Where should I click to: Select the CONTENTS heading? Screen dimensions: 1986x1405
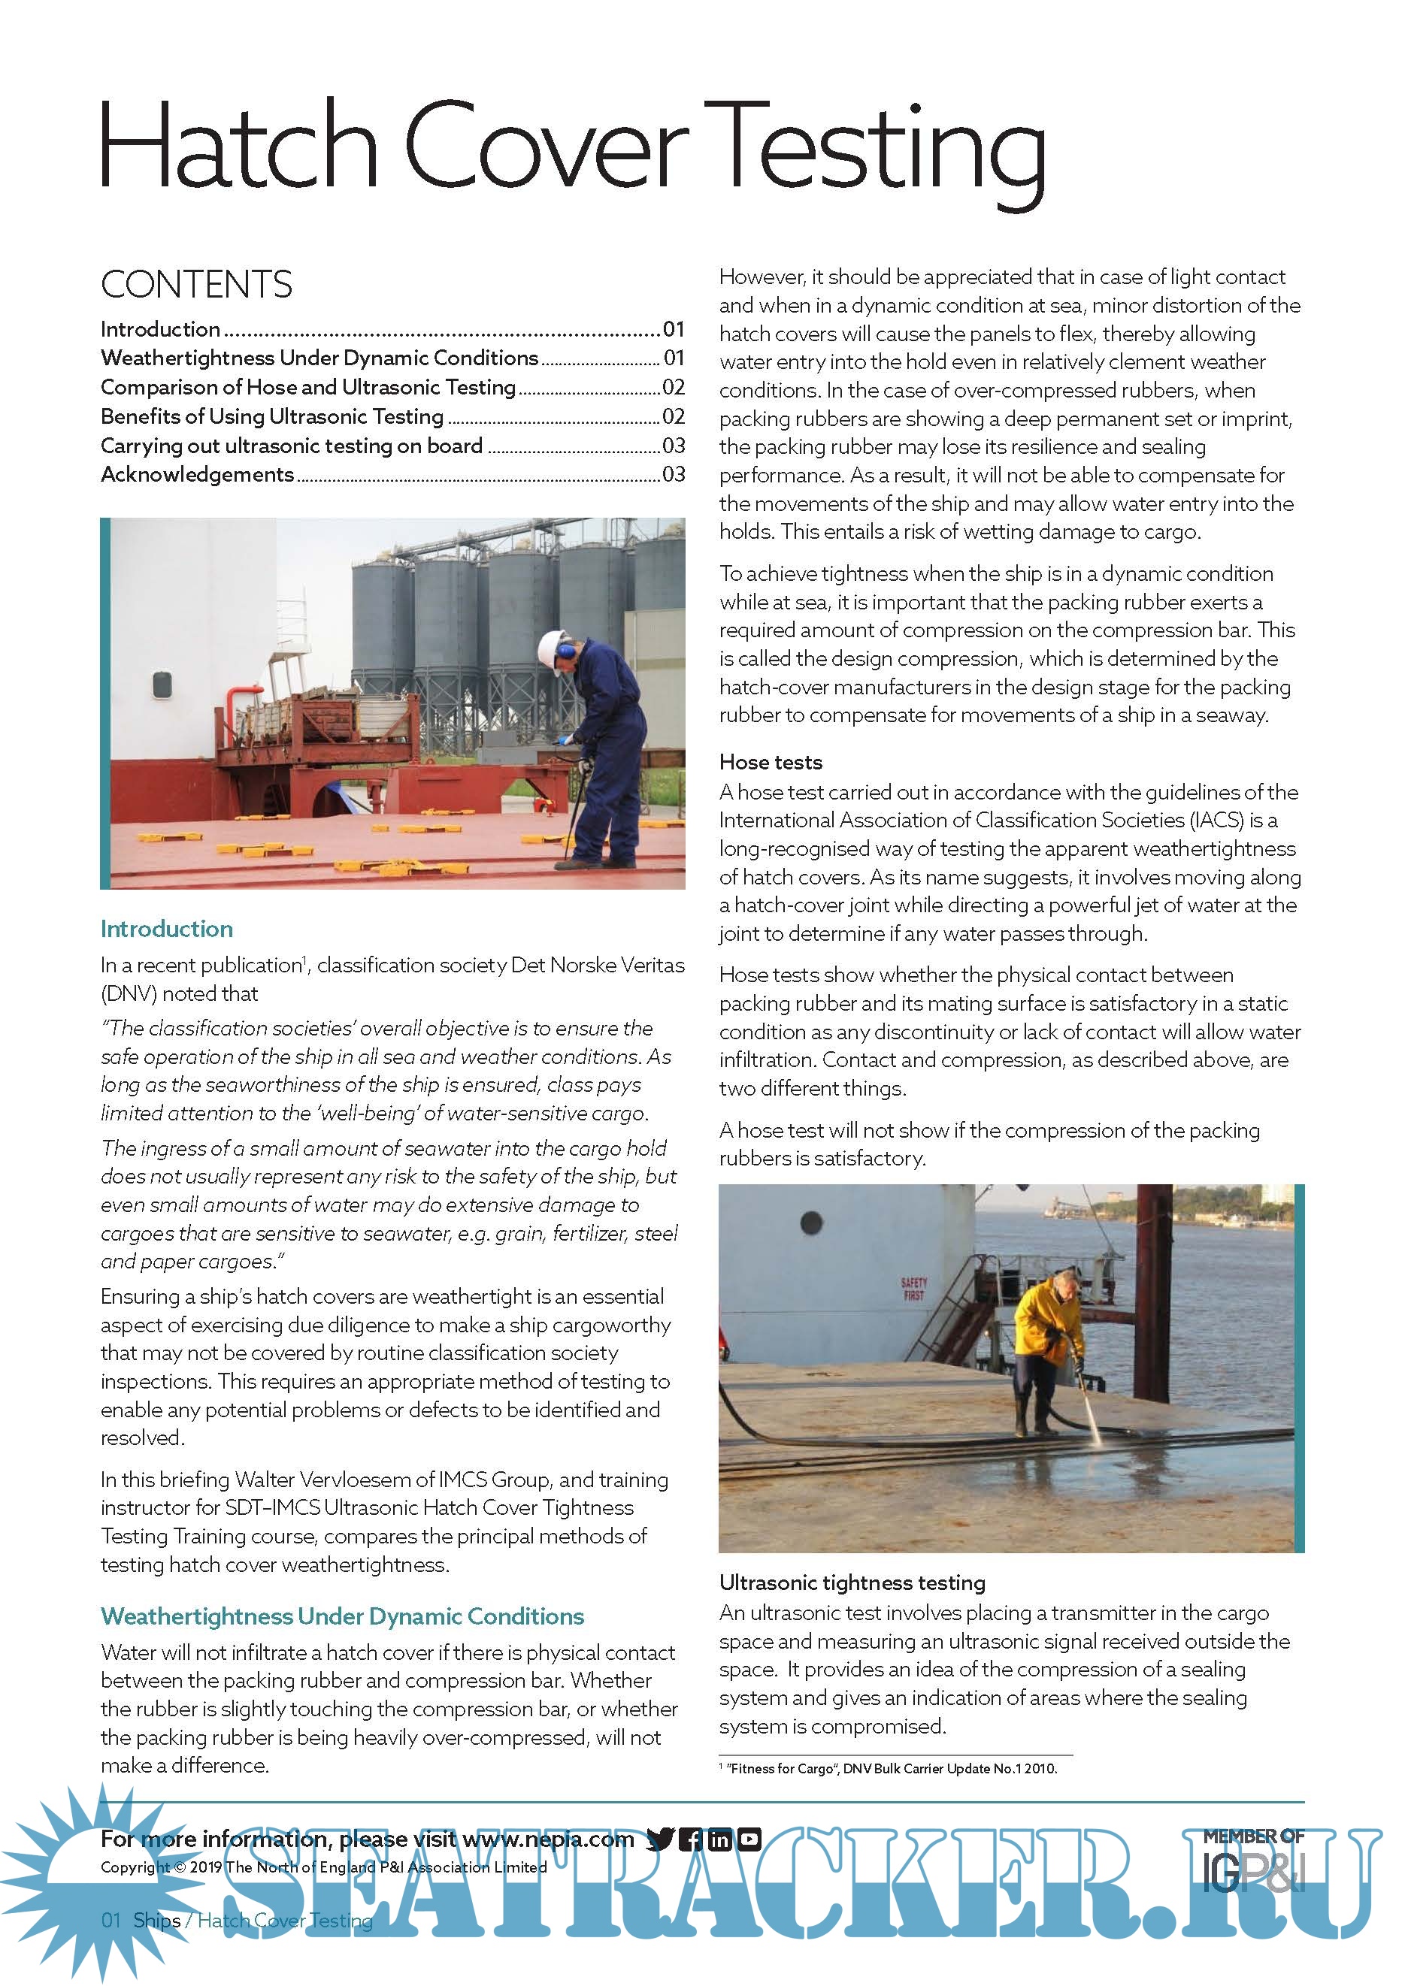[196, 285]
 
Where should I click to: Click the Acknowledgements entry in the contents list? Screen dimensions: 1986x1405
[197, 474]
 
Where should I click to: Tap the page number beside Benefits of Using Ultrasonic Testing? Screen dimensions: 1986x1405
[673, 416]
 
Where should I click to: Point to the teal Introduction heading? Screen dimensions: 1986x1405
[167, 928]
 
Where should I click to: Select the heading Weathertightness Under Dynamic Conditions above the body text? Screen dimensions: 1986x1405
[342, 1616]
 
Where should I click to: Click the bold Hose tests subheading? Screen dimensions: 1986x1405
[770, 762]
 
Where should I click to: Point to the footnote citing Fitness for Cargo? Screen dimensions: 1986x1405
[891, 1768]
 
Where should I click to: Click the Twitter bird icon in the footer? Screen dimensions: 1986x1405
[660, 1839]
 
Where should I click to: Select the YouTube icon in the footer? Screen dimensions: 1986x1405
[749, 1839]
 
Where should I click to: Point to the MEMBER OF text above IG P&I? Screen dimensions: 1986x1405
[1252, 1836]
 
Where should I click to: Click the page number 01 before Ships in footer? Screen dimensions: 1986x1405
[111, 1921]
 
